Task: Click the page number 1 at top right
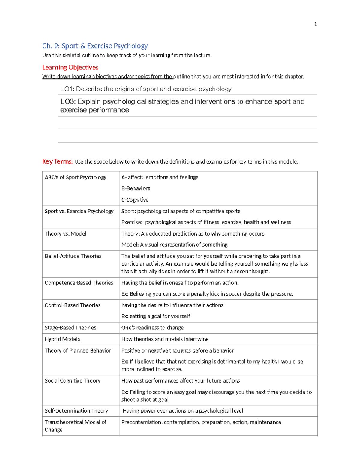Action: pyautogui.click(x=315, y=24)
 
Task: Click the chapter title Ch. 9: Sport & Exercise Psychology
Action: pyautogui.click(x=95, y=46)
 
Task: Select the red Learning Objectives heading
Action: pyautogui.click(x=70, y=67)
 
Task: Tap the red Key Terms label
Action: pyautogui.click(x=57, y=161)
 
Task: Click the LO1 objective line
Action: pyautogui.click(x=146, y=89)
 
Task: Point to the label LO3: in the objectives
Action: pyautogui.click(x=68, y=101)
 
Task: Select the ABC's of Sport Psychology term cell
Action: pyautogui.click(x=76, y=177)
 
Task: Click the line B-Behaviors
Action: pyautogui.click(x=136, y=188)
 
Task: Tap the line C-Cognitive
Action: pyautogui.click(x=135, y=200)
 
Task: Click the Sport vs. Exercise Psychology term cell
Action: pyautogui.click(x=79, y=211)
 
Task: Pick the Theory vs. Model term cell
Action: pyautogui.click(x=65, y=234)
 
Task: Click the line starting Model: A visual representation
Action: pyautogui.click(x=174, y=245)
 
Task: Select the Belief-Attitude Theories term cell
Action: pyautogui.click(x=73, y=256)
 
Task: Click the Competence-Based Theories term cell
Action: pyautogui.click(x=79, y=283)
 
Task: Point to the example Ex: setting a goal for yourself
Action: pyautogui.click(x=156, y=316)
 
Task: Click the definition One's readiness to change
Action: pyautogui.click(x=152, y=328)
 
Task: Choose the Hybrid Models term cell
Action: pyautogui.click(x=62, y=339)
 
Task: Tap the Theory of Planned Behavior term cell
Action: pyautogui.click(x=78, y=350)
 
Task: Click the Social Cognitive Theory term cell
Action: pyautogui.click(x=72, y=381)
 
